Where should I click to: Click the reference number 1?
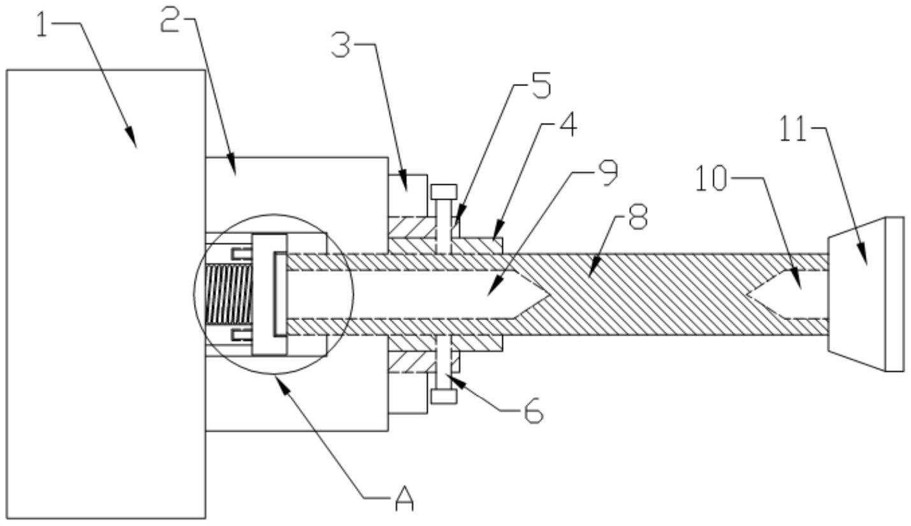(x=43, y=27)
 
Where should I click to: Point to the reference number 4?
(x=565, y=126)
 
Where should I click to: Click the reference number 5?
(x=540, y=86)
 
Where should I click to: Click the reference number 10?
(x=710, y=179)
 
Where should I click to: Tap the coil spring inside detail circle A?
(x=229, y=293)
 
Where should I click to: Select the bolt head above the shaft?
(x=444, y=191)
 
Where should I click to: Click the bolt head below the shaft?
(x=444, y=396)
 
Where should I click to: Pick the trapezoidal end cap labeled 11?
(x=865, y=293)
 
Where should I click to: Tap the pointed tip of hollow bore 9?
(x=548, y=293)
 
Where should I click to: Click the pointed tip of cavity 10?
(x=747, y=293)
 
